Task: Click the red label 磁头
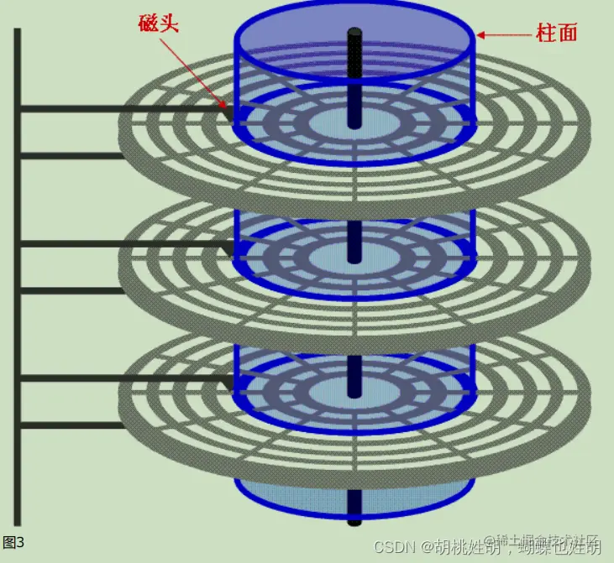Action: pos(159,23)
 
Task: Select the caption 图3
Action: pos(13,542)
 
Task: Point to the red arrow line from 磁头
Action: pos(195,71)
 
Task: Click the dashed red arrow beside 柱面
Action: pos(504,35)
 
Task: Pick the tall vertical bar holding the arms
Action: pos(17,277)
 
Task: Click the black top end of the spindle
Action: pos(354,35)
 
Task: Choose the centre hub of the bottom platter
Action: pos(354,391)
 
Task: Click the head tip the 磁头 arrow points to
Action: pos(228,110)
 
